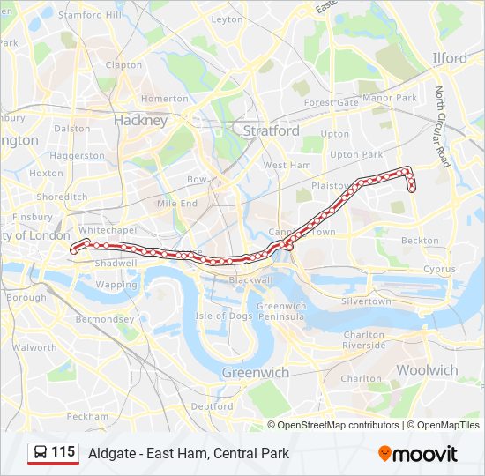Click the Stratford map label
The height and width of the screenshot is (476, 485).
click(271, 130)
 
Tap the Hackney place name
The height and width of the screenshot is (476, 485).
click(140, 121)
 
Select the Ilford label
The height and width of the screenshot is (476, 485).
click(450, 58)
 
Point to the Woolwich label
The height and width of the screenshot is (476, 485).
click(427, 370)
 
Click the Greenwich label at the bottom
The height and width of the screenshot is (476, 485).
click(256, 373)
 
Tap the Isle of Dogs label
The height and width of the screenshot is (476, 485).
click(224, 316)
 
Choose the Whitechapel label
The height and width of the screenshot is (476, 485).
click(107, 229)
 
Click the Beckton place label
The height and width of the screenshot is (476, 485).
click(420, 240)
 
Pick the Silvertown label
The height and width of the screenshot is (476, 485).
click(366, 301)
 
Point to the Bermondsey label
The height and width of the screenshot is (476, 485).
click(104, 319)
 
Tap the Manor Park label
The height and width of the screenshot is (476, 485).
click(389, 98)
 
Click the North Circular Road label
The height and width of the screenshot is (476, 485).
click(442, 127)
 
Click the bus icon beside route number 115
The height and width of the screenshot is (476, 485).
click(41, 453)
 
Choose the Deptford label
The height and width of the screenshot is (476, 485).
click(212, 406)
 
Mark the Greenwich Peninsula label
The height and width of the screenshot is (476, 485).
click(281, 311)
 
